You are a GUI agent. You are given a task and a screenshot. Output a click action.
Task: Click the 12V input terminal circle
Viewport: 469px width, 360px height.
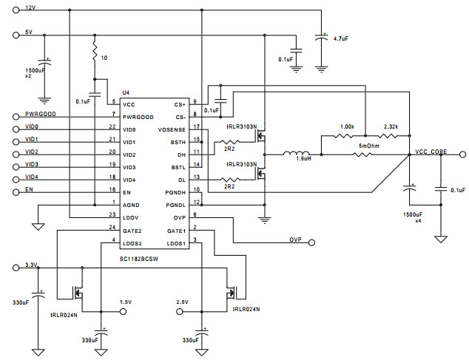[x=16, y=10]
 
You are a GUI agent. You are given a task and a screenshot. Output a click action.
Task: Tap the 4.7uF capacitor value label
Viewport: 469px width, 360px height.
[x=341, y=38]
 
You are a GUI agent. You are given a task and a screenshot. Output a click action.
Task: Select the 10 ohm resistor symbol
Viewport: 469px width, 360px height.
[x=95, y=52]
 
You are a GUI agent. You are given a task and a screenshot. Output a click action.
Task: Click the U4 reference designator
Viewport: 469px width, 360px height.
[x=126, y=92]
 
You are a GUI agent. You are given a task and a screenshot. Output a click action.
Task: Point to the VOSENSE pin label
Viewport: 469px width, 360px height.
[x=172, y=130]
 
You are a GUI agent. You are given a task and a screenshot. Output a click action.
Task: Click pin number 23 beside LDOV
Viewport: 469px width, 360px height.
[x=112, y=214]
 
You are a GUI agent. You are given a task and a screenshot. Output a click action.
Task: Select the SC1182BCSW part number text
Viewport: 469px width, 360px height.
[x=139, y=259]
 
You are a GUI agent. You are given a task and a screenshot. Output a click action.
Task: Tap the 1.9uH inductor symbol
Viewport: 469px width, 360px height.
[x=296, y=154]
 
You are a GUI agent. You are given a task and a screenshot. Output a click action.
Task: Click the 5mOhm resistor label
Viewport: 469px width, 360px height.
[x=369, y=146]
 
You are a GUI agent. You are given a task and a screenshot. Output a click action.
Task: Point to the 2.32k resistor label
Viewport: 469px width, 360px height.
[x=391, y=127]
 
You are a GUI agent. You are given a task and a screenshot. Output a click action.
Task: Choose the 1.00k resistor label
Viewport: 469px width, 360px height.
[x=347, y=127]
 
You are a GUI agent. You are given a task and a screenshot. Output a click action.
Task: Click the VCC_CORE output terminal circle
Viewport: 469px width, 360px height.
[x=462, y=154]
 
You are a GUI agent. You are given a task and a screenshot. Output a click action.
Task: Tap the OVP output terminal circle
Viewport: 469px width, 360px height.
[x=311, y=242]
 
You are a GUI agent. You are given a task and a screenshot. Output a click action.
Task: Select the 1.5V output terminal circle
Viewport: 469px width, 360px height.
[x=123, y=312]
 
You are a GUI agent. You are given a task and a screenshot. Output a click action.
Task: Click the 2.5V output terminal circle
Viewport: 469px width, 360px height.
[x=180, y=312]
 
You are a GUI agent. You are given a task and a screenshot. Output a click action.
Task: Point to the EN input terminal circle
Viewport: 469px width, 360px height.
[x=16, y=192]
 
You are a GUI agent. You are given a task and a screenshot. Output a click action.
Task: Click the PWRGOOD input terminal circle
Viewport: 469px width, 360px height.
[x=16, y=117]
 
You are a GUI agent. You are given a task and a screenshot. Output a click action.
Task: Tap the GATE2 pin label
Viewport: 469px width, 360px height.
[x=132, y=231]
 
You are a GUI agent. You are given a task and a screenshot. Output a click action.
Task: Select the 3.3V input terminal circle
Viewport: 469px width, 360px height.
[x=16, y=268]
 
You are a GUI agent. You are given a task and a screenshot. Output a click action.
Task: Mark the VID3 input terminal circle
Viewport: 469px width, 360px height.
[x=16, y=167]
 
